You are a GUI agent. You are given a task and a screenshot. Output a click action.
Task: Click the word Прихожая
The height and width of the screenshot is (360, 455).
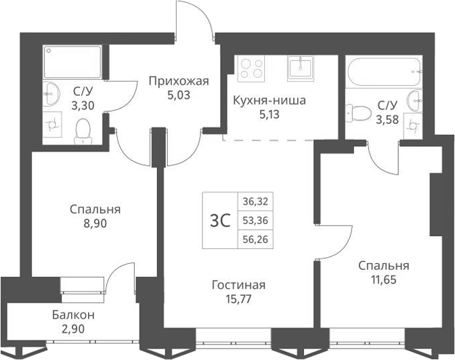tap(179, 82)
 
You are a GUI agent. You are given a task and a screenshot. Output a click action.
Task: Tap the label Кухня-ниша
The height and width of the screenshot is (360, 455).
tap(269, 101)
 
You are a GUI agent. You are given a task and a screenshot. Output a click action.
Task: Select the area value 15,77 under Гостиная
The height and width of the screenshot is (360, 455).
tap(236, 298)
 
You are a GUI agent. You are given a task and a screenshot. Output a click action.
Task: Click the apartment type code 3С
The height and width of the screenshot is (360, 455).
tap(221, 221)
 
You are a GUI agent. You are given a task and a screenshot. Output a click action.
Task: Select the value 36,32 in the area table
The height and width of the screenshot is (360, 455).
tap(255, 202)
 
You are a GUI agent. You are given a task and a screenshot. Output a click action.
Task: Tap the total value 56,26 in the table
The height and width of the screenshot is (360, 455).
tap(255, 239)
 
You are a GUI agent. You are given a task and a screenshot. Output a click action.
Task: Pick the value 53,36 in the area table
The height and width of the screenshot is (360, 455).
tap(255, 221)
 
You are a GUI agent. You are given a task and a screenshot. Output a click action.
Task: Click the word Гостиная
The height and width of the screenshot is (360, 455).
tap(236, 285)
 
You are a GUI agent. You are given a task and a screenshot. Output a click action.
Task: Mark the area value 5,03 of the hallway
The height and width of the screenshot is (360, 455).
tap(179, 95)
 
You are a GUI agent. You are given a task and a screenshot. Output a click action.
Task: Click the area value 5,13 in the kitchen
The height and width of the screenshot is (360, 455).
tap(269, 114)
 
